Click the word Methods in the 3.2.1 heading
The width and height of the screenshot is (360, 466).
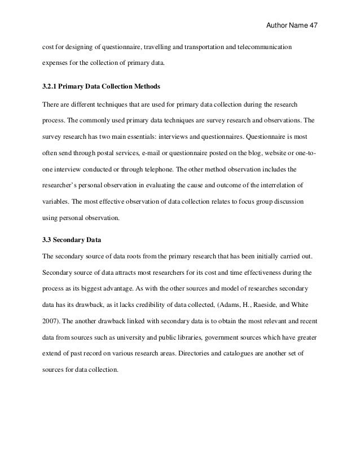tap(146, 88)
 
